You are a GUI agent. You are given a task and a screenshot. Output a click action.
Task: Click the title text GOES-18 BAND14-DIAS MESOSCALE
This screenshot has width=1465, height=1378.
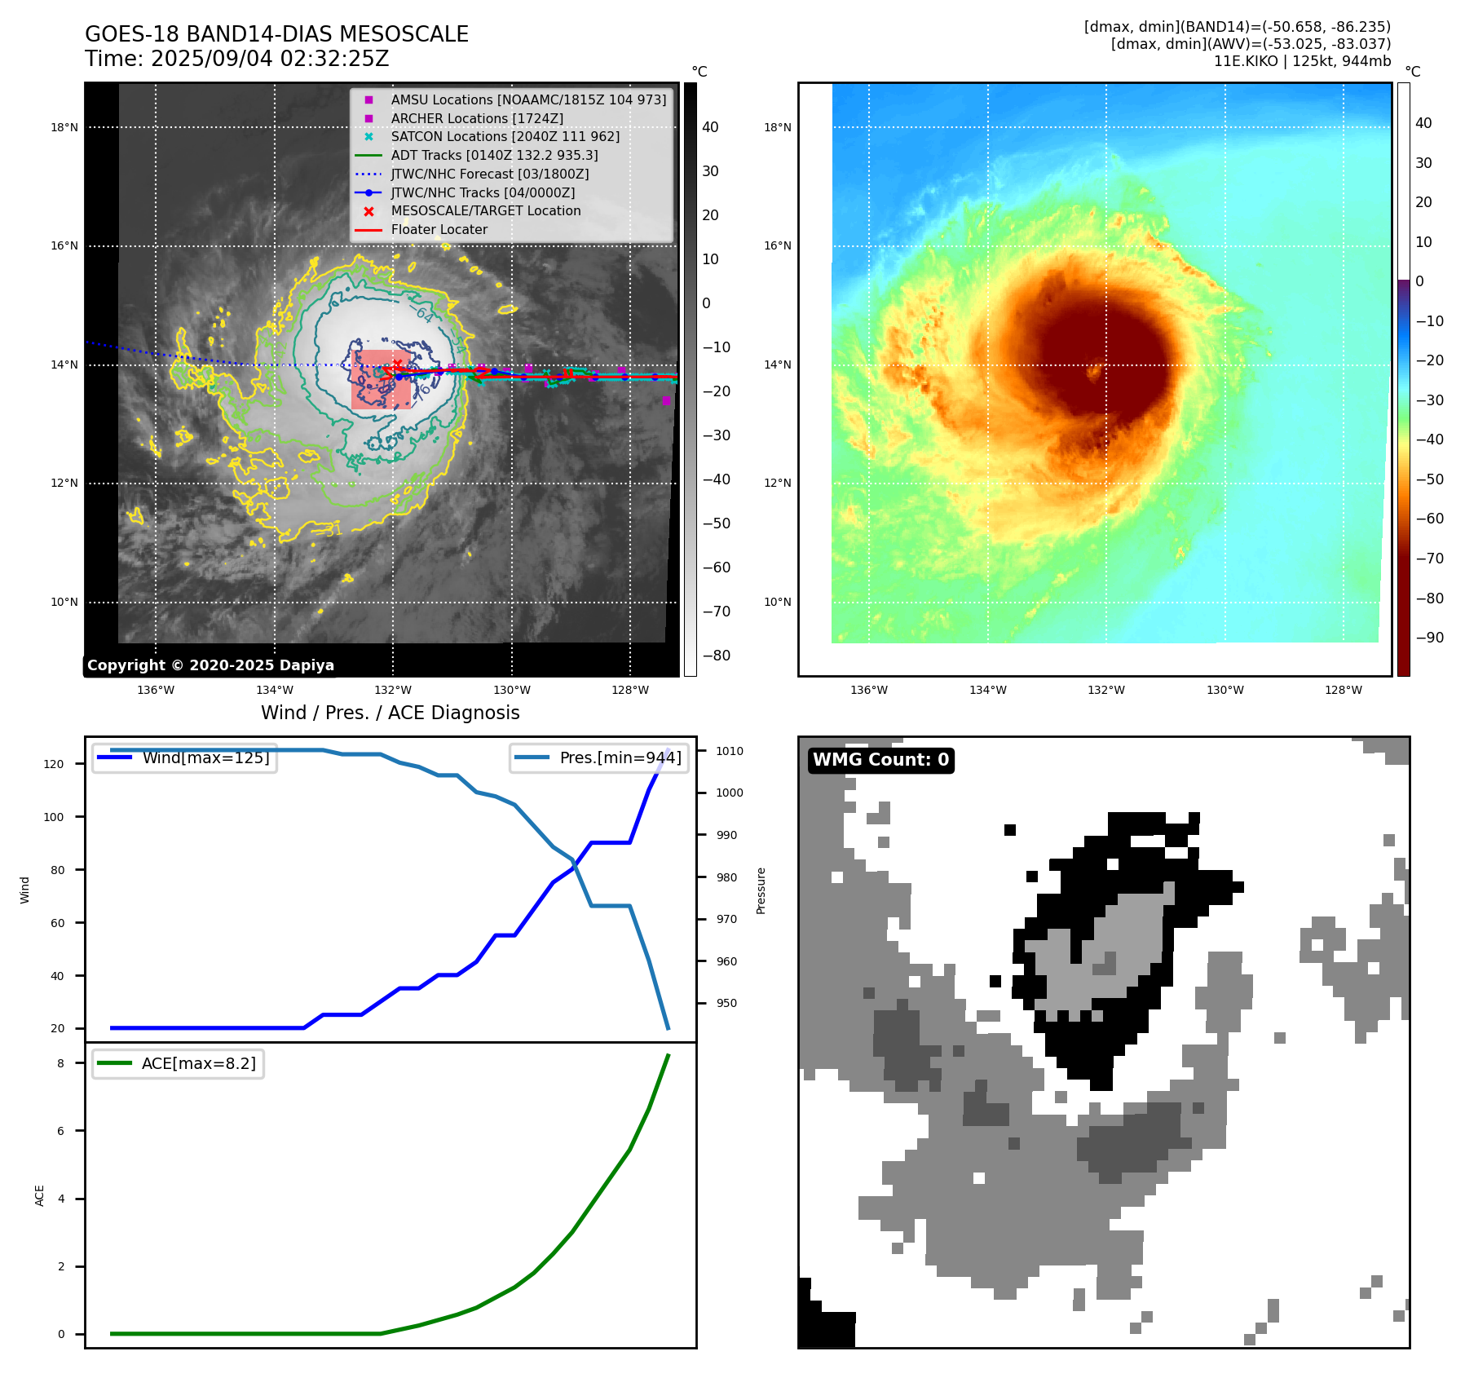(276, 34)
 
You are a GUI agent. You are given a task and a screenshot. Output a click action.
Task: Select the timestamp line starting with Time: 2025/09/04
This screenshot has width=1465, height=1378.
(236, 59)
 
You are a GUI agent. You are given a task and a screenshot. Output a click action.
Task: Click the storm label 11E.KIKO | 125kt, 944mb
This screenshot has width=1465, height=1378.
(1302, 61)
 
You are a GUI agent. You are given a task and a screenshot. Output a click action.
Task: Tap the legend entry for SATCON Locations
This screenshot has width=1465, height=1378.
(505, 136)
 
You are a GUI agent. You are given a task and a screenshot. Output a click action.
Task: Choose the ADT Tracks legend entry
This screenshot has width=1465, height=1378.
(494, 155)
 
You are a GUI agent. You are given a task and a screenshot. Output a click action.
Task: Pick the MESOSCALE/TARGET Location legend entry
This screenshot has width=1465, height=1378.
(486, 210)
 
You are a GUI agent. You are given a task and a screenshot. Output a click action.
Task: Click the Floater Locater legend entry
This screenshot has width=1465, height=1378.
(439, 229)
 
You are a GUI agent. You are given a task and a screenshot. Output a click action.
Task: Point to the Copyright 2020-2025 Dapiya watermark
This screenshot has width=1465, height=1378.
(210, 665)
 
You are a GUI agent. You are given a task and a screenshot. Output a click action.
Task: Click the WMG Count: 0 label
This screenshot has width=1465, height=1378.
(880, 760)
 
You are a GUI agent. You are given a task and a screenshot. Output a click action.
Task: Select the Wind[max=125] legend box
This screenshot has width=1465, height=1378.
(184, 757)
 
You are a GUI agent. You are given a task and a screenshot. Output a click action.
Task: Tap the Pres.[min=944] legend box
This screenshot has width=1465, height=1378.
(599, 757)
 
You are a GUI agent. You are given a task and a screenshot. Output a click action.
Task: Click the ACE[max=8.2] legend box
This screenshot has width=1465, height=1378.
(178, 1063)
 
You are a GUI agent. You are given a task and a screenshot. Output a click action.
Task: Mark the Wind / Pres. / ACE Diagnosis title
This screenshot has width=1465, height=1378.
(390, 713)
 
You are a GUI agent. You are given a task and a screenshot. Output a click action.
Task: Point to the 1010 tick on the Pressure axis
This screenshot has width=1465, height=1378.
(730, 751)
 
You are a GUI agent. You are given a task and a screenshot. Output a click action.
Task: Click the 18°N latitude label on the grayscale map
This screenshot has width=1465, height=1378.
(64, 127)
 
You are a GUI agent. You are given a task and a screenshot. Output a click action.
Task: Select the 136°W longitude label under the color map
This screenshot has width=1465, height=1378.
(868, 690)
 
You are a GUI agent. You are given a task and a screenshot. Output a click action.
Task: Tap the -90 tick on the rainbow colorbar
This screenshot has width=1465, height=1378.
(1429, 638)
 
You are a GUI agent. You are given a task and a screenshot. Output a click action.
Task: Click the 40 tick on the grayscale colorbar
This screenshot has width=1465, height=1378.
(710, 127)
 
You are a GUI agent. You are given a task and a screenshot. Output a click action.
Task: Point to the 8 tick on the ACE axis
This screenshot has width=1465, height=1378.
(61, 1063)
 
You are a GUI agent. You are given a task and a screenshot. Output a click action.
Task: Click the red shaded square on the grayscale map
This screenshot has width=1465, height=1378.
(381, 379)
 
